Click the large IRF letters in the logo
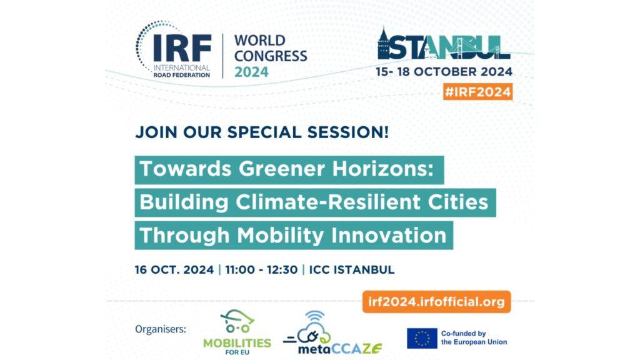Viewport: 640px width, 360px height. point(182,48)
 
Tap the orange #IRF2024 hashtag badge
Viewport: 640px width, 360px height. point(477,92)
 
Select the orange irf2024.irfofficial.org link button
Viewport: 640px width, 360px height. point(436,302)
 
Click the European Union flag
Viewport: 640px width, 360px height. point(422,338)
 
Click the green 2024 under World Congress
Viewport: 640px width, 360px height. point(251,72)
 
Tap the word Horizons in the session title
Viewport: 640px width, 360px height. point(383,169)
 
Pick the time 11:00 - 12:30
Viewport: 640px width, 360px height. point(261,270)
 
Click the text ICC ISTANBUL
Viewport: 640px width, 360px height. point(352,270)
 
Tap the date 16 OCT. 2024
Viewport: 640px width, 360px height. point(174,270)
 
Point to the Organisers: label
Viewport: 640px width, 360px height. point(161,329)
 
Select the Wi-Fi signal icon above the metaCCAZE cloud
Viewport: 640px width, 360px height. point(315,316)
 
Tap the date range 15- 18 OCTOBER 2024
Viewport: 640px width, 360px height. point(444,72)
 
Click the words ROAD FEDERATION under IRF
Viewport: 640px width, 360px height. point(182,75)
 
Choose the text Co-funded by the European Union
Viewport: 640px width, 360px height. point(474,338)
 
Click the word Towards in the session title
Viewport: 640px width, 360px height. point(186,169)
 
